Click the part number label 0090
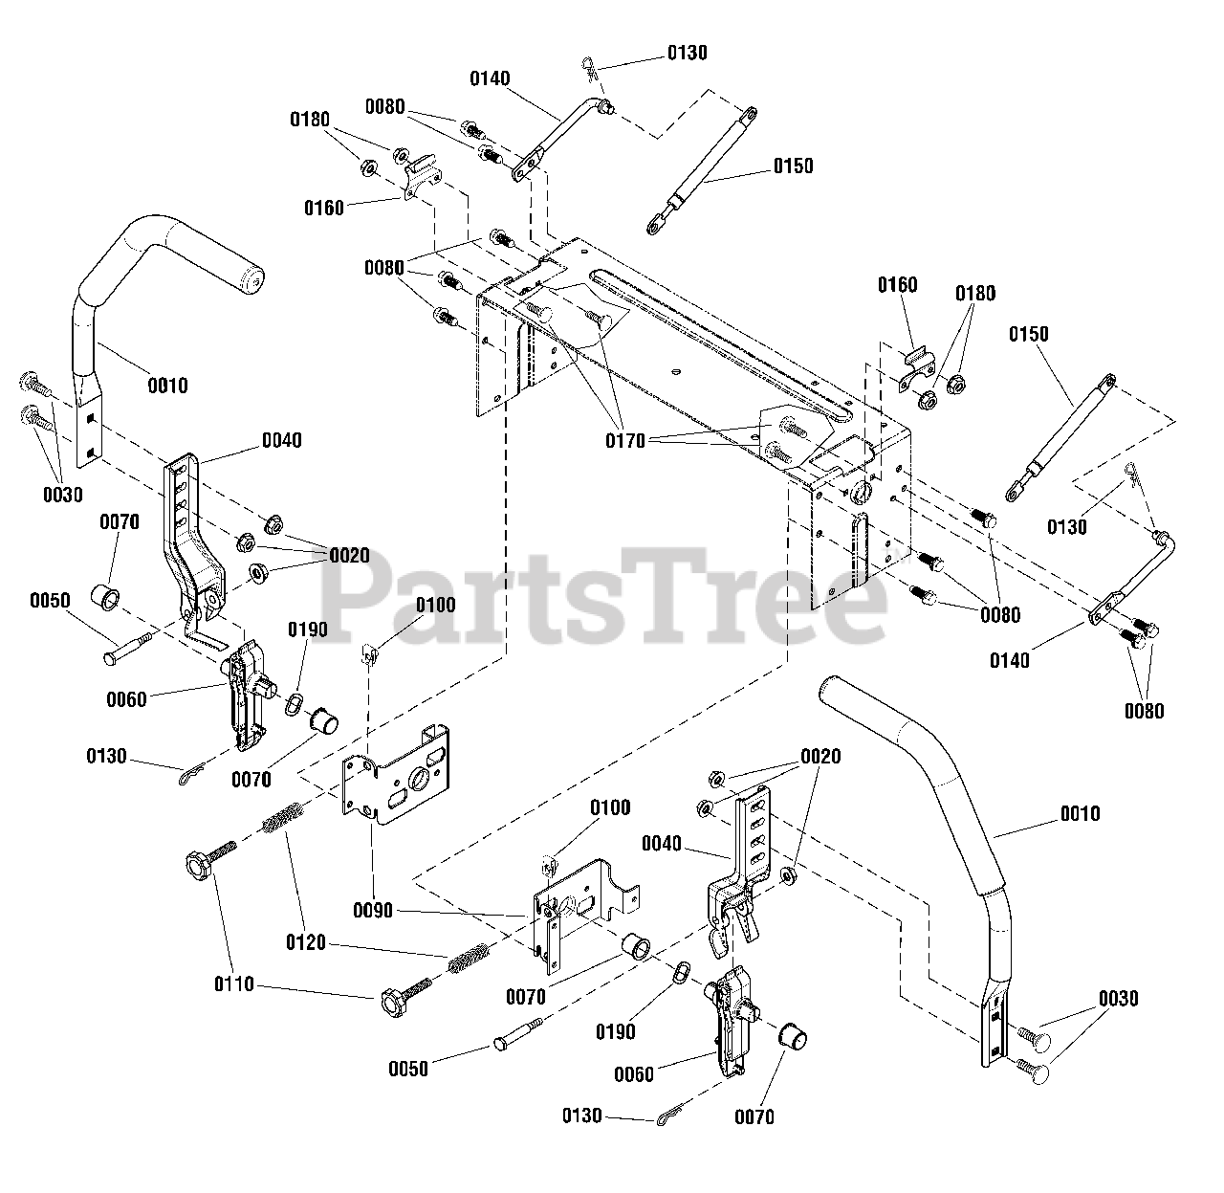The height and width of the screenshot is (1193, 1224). point(373,910)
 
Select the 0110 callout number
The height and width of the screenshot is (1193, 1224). point(234,983)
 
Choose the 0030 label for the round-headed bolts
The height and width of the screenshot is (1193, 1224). point(1119,999)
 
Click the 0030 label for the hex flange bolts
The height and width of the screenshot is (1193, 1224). point(62,494)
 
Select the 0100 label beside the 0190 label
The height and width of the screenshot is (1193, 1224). point(436,606)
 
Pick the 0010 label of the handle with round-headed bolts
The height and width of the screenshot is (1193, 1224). point(1081,813)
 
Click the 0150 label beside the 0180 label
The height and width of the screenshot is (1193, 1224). point(1028,334)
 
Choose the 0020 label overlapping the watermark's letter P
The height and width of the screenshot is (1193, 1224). point(349,555)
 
